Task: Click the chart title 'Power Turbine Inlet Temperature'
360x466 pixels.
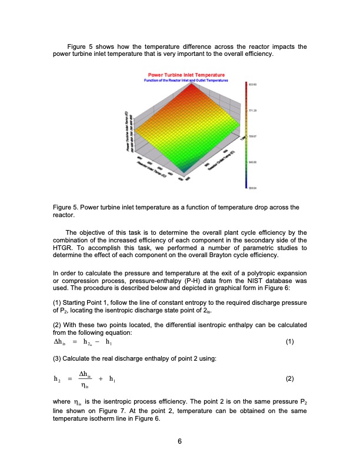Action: click(x=183, y=75)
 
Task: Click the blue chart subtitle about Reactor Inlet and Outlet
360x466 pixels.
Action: click(x=183, y=80)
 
